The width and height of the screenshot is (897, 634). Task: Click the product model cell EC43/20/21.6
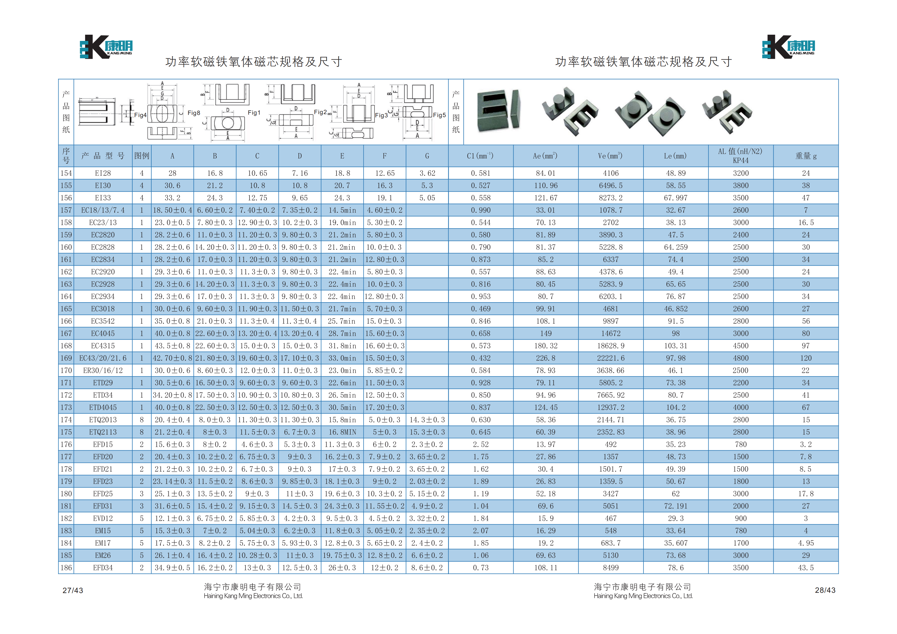103,358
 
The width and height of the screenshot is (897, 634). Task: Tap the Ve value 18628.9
611,346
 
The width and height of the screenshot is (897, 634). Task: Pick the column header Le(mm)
675,156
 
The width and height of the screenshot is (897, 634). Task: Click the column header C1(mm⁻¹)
480,156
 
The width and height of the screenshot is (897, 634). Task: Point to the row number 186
66,568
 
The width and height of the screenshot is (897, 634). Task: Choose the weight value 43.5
806,568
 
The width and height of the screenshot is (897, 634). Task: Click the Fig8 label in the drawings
194,113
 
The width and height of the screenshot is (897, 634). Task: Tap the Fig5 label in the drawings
439,115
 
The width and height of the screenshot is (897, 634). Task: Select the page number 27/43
73,590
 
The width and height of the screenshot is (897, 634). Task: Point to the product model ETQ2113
103,432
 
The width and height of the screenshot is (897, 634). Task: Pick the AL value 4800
741,358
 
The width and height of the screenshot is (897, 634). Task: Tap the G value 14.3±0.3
427,420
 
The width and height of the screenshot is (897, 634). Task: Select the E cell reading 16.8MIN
342,432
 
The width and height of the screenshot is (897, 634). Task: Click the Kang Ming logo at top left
106,46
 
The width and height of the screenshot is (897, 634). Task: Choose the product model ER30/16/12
103,370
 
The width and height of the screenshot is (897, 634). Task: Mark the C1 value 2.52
480,445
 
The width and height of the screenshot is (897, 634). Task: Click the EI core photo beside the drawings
498,111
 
